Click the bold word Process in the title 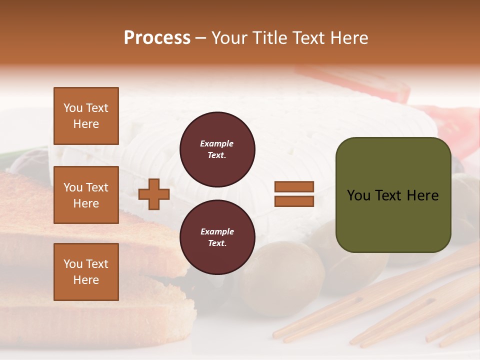tap(157, 38)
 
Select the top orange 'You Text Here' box tap(86, 116)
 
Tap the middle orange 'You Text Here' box tap(86, 195)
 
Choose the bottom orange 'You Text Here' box tap(86, 272)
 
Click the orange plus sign tap(154, 194)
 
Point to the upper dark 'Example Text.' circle tap(217, 149)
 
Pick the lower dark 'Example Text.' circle tap(217, 237)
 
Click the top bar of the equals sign tap(294, 187)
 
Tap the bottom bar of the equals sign tap(294, 201)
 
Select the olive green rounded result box tap(393, 195)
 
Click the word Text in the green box tap(393, 195)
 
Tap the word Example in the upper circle tap(217, 143)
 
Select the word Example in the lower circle tap(217, 231)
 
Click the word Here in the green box tap(422, 195)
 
